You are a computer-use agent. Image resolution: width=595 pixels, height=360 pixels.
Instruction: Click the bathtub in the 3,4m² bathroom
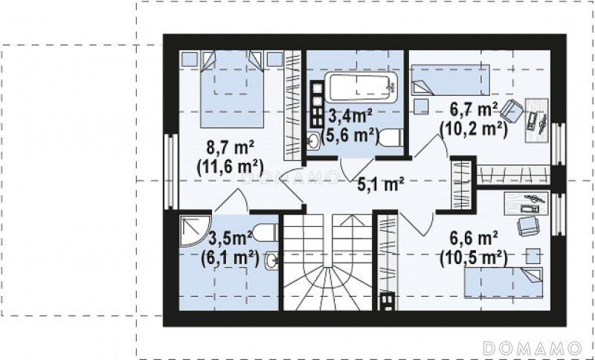361,88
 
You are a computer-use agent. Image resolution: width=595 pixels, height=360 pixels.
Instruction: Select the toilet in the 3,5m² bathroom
266,233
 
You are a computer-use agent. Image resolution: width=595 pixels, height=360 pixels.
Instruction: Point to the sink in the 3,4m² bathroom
313,141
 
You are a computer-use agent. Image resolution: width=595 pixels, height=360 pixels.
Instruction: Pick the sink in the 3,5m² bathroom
272,260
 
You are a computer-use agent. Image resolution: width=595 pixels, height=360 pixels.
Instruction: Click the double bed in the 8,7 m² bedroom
232,89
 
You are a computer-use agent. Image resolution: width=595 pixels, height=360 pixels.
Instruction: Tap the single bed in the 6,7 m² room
451,80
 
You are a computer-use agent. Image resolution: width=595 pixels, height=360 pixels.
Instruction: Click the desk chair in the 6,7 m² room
512,109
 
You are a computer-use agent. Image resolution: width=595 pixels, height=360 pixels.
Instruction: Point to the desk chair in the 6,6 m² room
528,225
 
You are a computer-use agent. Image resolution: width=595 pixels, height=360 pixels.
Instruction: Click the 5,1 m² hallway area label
381,184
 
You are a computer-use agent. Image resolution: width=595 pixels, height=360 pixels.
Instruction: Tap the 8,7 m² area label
230,147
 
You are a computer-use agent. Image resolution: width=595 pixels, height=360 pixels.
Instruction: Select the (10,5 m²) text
474,259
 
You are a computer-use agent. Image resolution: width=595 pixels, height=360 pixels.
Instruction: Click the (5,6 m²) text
350,135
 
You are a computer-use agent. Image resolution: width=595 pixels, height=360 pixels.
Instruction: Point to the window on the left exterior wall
172,171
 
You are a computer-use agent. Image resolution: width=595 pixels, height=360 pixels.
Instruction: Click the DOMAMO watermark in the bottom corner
533,348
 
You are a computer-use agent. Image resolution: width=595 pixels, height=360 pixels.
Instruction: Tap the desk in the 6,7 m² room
536,120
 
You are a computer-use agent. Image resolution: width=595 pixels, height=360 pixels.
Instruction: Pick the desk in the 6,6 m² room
526,203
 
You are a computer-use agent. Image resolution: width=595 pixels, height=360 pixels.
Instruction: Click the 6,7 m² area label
474,110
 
